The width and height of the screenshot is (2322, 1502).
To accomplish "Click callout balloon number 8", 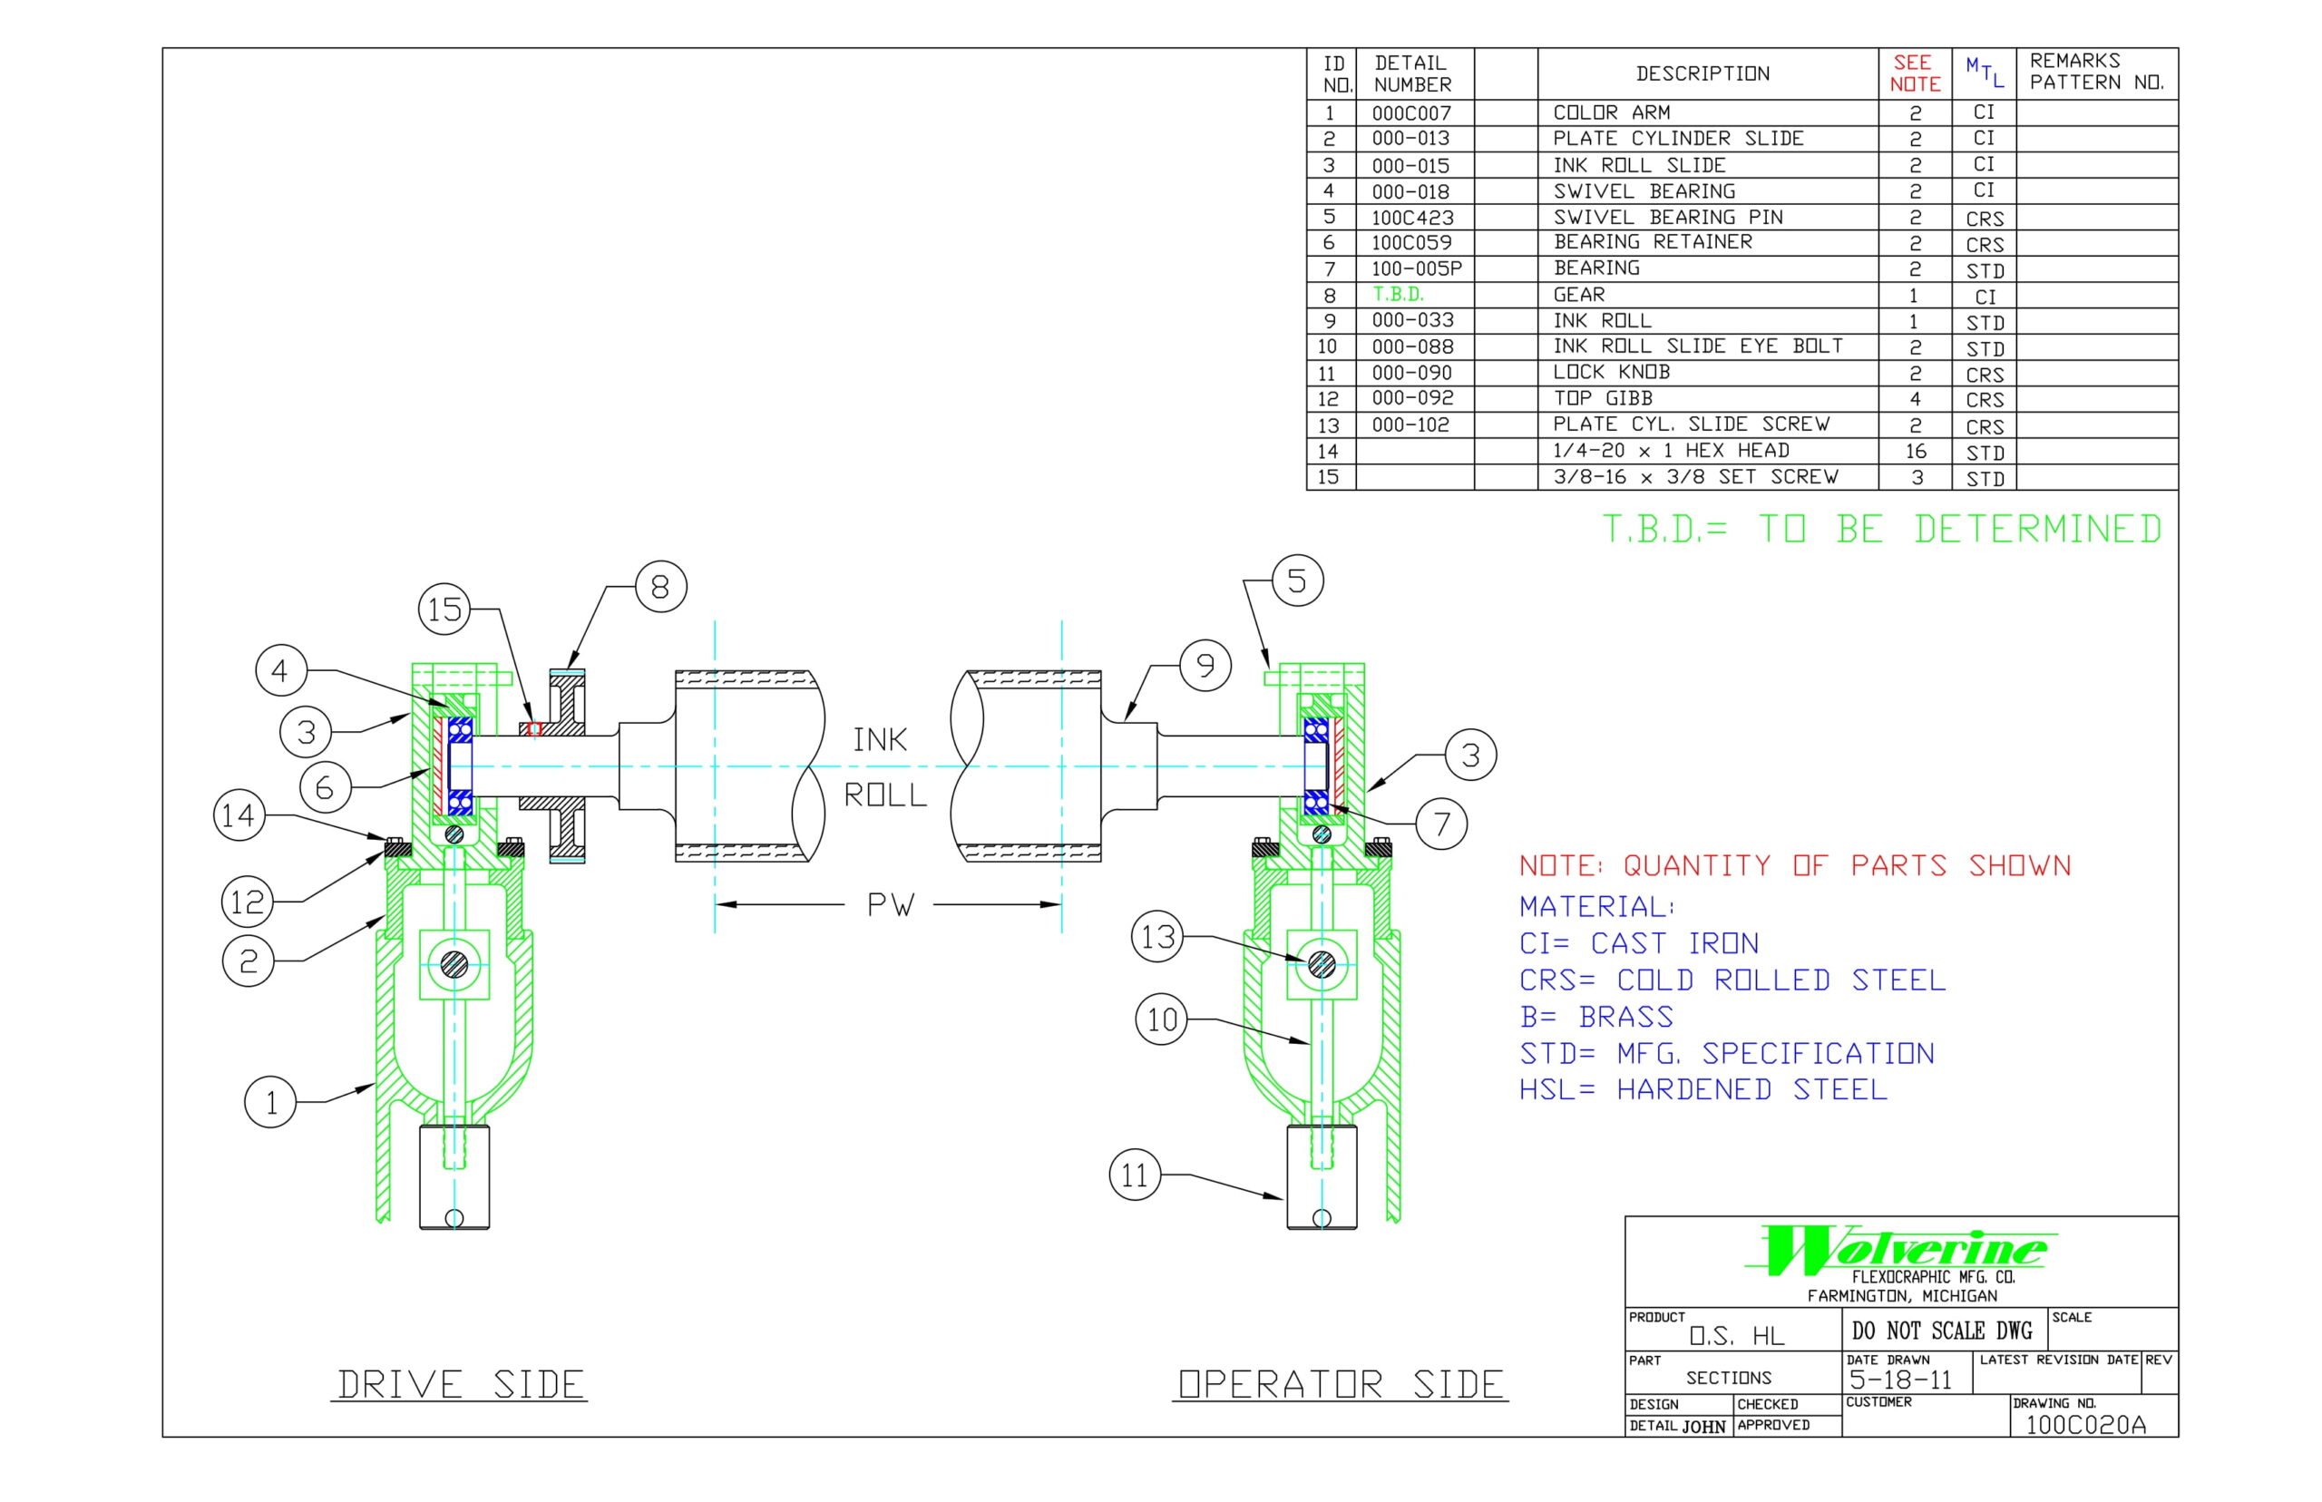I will [x=660, y=587].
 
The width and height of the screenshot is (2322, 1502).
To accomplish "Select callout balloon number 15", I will [x=444, y=610].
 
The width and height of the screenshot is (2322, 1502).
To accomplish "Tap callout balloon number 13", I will [x=1156, y=937].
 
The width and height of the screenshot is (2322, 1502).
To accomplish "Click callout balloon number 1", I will [x=270, y=1102].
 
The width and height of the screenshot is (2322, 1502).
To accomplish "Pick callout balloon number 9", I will [x=1205, y=666].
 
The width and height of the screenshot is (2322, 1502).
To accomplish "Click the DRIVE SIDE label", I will [x=459, y=1384].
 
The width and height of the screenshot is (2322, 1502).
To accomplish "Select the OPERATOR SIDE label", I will [x=1340, y=1384].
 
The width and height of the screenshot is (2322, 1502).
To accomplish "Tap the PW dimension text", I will [x=891, y=905].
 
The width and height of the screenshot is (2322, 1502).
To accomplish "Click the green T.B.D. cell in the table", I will [x=1399, y=295].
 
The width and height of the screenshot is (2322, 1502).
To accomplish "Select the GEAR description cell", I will [x=1579, y=295].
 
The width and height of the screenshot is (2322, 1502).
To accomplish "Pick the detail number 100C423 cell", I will [x=1412, y=218].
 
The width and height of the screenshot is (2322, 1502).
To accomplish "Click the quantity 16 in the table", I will [x=1916, y=452].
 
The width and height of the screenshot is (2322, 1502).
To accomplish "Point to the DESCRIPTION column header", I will [x=1702, y=74].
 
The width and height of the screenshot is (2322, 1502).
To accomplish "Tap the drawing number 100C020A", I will [x=2085, y=1425].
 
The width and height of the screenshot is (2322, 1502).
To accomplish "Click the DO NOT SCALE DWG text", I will [x=1942, y=1331].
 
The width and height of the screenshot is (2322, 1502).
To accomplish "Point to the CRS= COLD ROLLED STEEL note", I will [x=1732, y=980].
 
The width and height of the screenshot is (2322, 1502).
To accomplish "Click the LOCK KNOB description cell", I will [x=1611, y=373].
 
